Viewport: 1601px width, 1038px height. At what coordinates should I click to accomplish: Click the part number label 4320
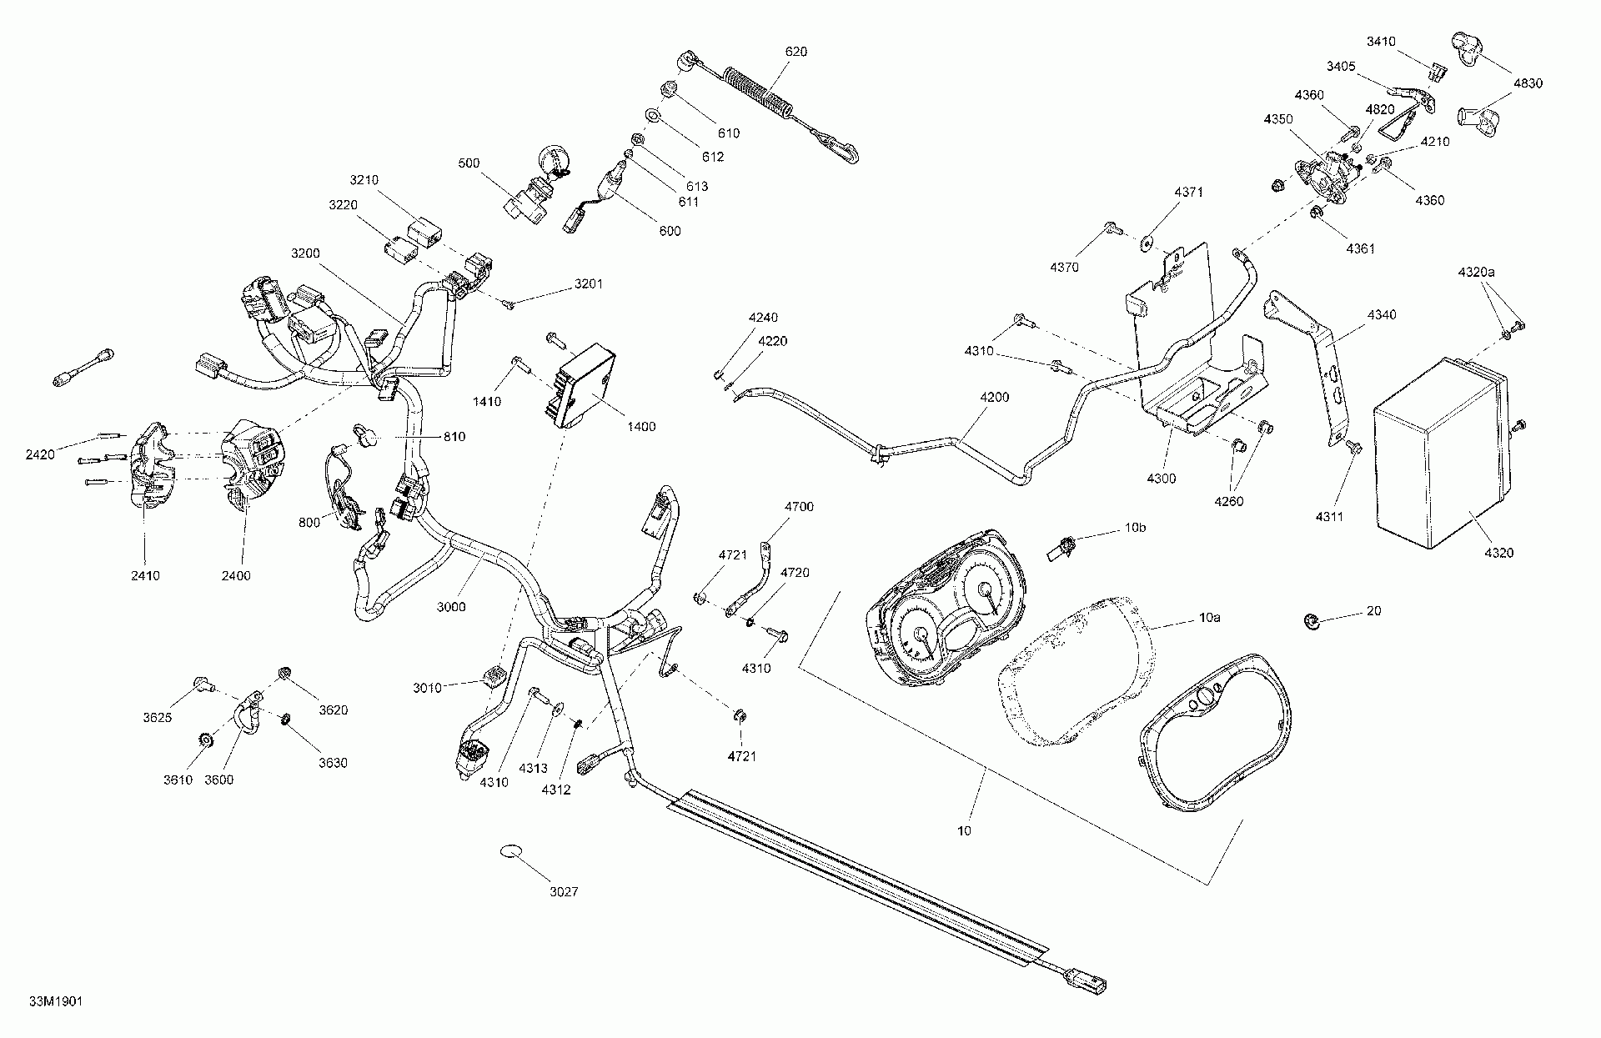pos(1498,552)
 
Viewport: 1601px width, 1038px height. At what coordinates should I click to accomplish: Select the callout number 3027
pos(564,891)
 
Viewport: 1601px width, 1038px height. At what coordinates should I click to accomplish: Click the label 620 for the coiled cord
pos(796,52)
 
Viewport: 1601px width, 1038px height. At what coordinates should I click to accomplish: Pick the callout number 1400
pos(641,426)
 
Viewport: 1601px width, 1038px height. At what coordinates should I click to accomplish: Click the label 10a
pos(1209,617)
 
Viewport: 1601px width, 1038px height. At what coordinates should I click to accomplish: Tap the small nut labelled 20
pos(1310,620)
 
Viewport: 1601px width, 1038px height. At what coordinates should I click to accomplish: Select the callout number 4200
pos(995,397)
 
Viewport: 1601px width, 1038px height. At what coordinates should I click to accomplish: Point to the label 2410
pos(145,575)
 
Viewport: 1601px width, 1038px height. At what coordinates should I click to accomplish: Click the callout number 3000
pos(451,607)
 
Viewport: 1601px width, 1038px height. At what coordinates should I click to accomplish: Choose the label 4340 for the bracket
pos(1382,314)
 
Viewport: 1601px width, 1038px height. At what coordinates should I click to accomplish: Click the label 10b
pos(1136,529)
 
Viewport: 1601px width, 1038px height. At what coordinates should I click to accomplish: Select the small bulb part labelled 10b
pos(1061,548)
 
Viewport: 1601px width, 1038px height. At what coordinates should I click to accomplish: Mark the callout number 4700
pos(799,506)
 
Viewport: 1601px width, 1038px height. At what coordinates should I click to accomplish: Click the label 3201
pos(588,284)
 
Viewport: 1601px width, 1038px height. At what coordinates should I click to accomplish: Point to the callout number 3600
pos(219,780)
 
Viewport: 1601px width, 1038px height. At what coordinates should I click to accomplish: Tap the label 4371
pos(1189,193)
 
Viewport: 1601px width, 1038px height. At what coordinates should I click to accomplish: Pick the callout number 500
pos(469,163)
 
